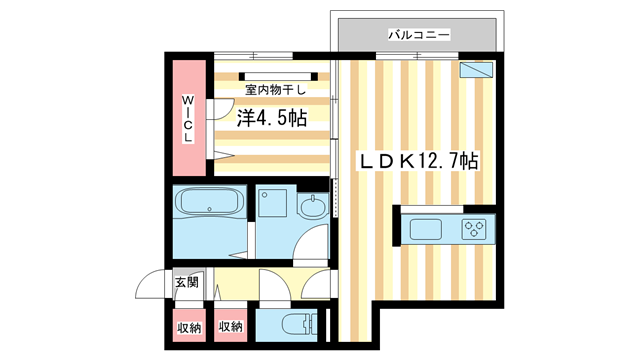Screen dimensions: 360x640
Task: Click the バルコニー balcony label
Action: click(418, 35)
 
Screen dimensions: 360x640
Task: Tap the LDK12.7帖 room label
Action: click(418, 159)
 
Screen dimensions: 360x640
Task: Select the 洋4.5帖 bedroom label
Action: click(272, 118)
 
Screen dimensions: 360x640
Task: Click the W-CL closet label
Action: click(187, 118)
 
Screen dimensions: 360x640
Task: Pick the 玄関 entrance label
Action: click(186, 283)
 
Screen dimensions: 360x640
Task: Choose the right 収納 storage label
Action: click(229, 326)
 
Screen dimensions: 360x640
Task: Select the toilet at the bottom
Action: click(291, 324)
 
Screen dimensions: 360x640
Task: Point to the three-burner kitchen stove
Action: click(474, 228)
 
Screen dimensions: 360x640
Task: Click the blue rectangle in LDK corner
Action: click(477, 70)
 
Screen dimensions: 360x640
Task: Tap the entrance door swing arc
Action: click(153, 286)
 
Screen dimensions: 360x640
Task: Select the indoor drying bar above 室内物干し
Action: click(270, 75)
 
